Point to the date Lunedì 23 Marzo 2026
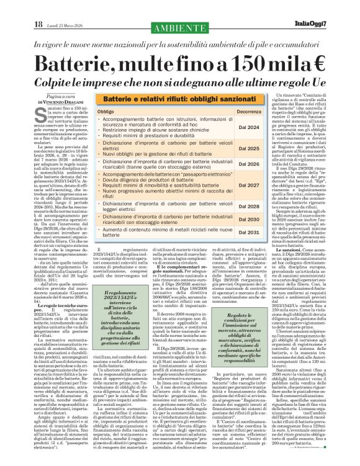(60, 7)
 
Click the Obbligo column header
(106, 111)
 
